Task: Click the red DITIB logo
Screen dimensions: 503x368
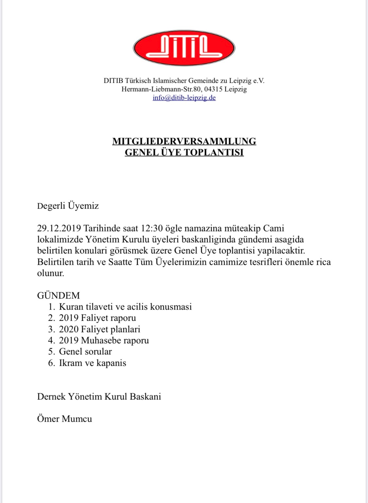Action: tap(184, 48)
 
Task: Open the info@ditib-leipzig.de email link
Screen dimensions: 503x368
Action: tap(184, 98)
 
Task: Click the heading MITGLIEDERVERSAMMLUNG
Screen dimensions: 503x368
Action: tap(184, 141)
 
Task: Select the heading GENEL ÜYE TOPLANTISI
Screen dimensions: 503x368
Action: tap(184, 152)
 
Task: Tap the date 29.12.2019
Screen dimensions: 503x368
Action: tap(59, 228)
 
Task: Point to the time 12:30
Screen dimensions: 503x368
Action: tap(152, 228)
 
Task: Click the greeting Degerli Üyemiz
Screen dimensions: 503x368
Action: tap(68, 206)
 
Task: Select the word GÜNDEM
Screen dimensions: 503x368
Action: tap(58, 295)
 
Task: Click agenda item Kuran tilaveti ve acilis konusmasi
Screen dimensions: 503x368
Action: tap(125, 307)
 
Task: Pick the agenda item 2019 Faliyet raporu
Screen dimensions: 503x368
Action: tap(97, 318)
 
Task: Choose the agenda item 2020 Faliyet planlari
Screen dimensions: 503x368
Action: tap(99, 329)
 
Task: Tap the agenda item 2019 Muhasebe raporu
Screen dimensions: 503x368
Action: tap(104, 340)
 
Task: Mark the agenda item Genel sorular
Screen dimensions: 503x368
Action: tap(85, 351)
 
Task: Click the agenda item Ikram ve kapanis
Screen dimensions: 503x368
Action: tap(93, 363)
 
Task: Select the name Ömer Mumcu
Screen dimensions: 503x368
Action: tap(64, 419)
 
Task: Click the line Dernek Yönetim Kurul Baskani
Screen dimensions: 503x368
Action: tap(99, 396)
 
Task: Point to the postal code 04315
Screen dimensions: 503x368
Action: tap(213, 89)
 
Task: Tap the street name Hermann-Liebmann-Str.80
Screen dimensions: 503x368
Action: tap(161, 89)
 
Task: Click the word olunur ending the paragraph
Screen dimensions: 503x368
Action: tap(50, 273)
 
